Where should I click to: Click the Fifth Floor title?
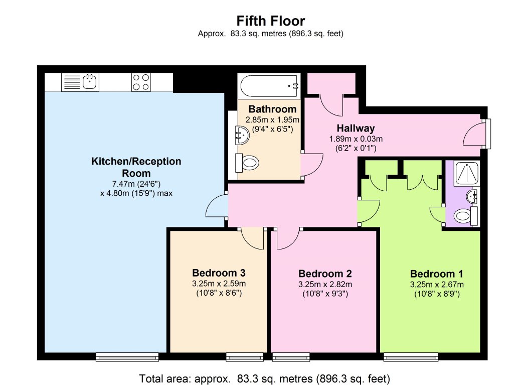(x=271, y=21)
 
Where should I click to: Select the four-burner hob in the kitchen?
(x=141, y=82)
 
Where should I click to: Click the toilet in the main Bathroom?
(x=248, y=163)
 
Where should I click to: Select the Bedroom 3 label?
(x=219, y=273)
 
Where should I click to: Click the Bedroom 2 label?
(x=325, y=274)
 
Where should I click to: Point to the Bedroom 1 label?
(x=436, y=274)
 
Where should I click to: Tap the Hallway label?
(x=356, y=129)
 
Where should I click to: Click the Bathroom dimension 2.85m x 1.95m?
(x=272, y=120)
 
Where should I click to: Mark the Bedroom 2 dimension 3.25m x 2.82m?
(x=325, y=284)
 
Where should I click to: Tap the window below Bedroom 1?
(x=411, y=357)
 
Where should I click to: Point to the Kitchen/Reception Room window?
(x=127, y=357)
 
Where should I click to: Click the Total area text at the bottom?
(x=264, y=377)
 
